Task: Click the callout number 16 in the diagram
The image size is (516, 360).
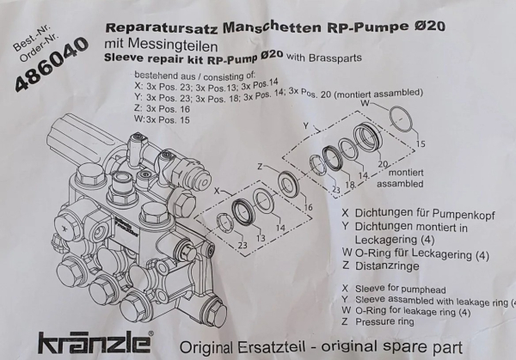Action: point(308,208)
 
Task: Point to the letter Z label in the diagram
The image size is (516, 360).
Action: point(259,166)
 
